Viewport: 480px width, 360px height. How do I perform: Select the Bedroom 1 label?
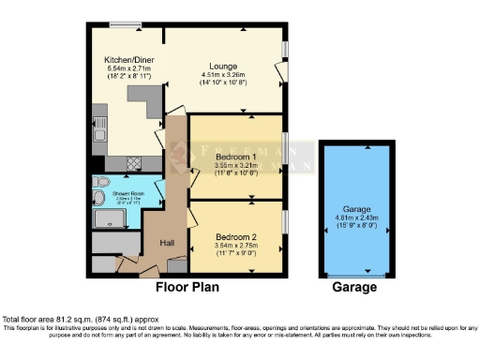point(235,156)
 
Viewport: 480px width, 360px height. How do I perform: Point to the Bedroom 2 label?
point(235,236)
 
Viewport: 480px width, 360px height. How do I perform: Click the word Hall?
point(166,243)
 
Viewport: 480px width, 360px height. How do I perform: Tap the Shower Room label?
point(115,194)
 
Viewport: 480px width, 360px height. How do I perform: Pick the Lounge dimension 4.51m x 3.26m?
point(221,77)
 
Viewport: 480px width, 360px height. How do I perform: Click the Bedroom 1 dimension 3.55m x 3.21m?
point(235,165)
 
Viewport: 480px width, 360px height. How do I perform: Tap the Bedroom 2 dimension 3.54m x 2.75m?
point(235,246)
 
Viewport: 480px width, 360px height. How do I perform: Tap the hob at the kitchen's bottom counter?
point(134,162)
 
